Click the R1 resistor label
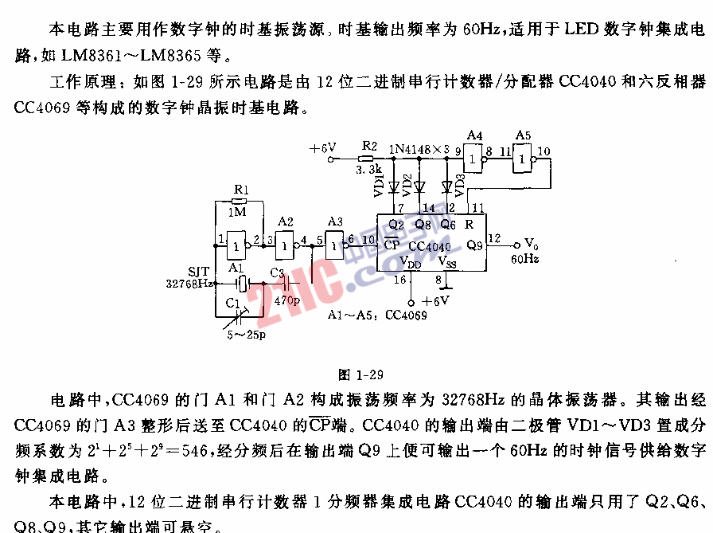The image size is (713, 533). click(x=242, y=190)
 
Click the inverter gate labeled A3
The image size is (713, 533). click(x=334, y=249)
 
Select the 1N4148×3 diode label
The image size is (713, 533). click(x=422, y=149)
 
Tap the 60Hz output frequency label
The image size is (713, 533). click(x=524, y=259)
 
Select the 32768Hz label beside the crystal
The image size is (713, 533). click(x=189, y=283)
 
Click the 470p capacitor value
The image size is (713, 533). click(x=286, y=301)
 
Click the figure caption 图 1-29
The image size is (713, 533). click(x=361, y=374)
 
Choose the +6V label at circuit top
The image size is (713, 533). click(x=322, y=148)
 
